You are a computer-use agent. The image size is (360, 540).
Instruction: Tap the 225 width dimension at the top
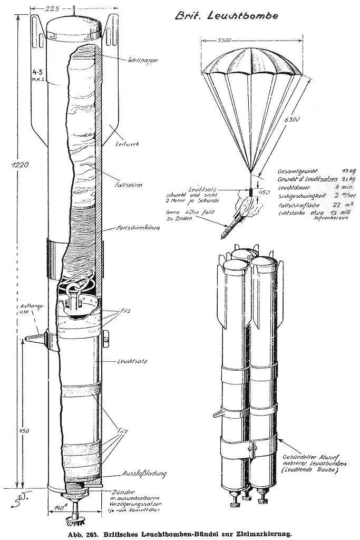(67, 7)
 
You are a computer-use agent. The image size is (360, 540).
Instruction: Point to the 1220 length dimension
(17, 165)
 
